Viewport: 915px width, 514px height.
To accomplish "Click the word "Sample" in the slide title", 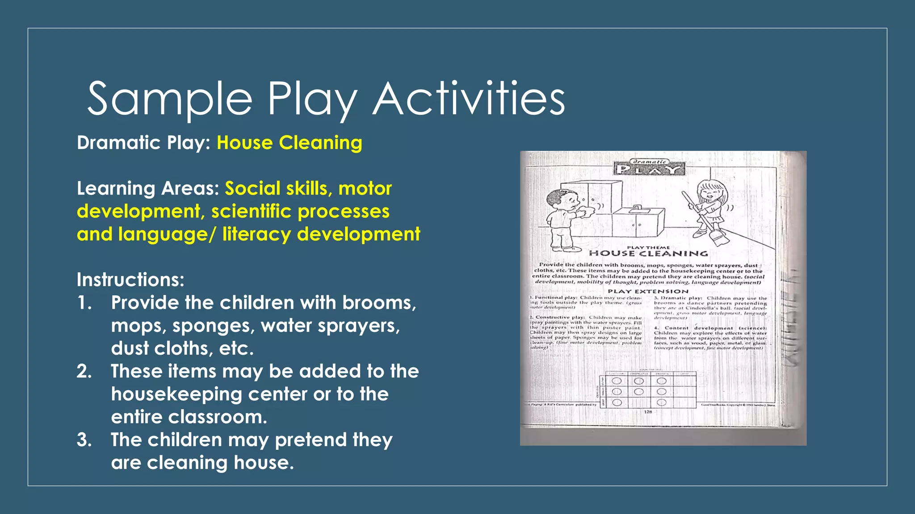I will coord(170,99).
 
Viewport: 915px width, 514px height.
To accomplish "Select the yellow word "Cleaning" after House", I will coord(320,143).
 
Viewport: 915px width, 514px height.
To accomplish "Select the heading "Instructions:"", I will coord(130,280).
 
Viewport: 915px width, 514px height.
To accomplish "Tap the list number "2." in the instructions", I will coord(84,371).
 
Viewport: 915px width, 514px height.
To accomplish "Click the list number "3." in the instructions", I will coord(84,440).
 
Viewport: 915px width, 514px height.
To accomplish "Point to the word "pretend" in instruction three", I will coord(311,440).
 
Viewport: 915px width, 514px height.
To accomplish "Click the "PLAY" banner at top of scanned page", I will coord(650,169).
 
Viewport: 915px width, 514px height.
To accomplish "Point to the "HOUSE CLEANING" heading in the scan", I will coord(648,253).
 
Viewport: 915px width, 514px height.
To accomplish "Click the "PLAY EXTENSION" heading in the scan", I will coord(648,291).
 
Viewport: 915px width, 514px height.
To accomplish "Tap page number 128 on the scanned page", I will coord(648,412).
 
